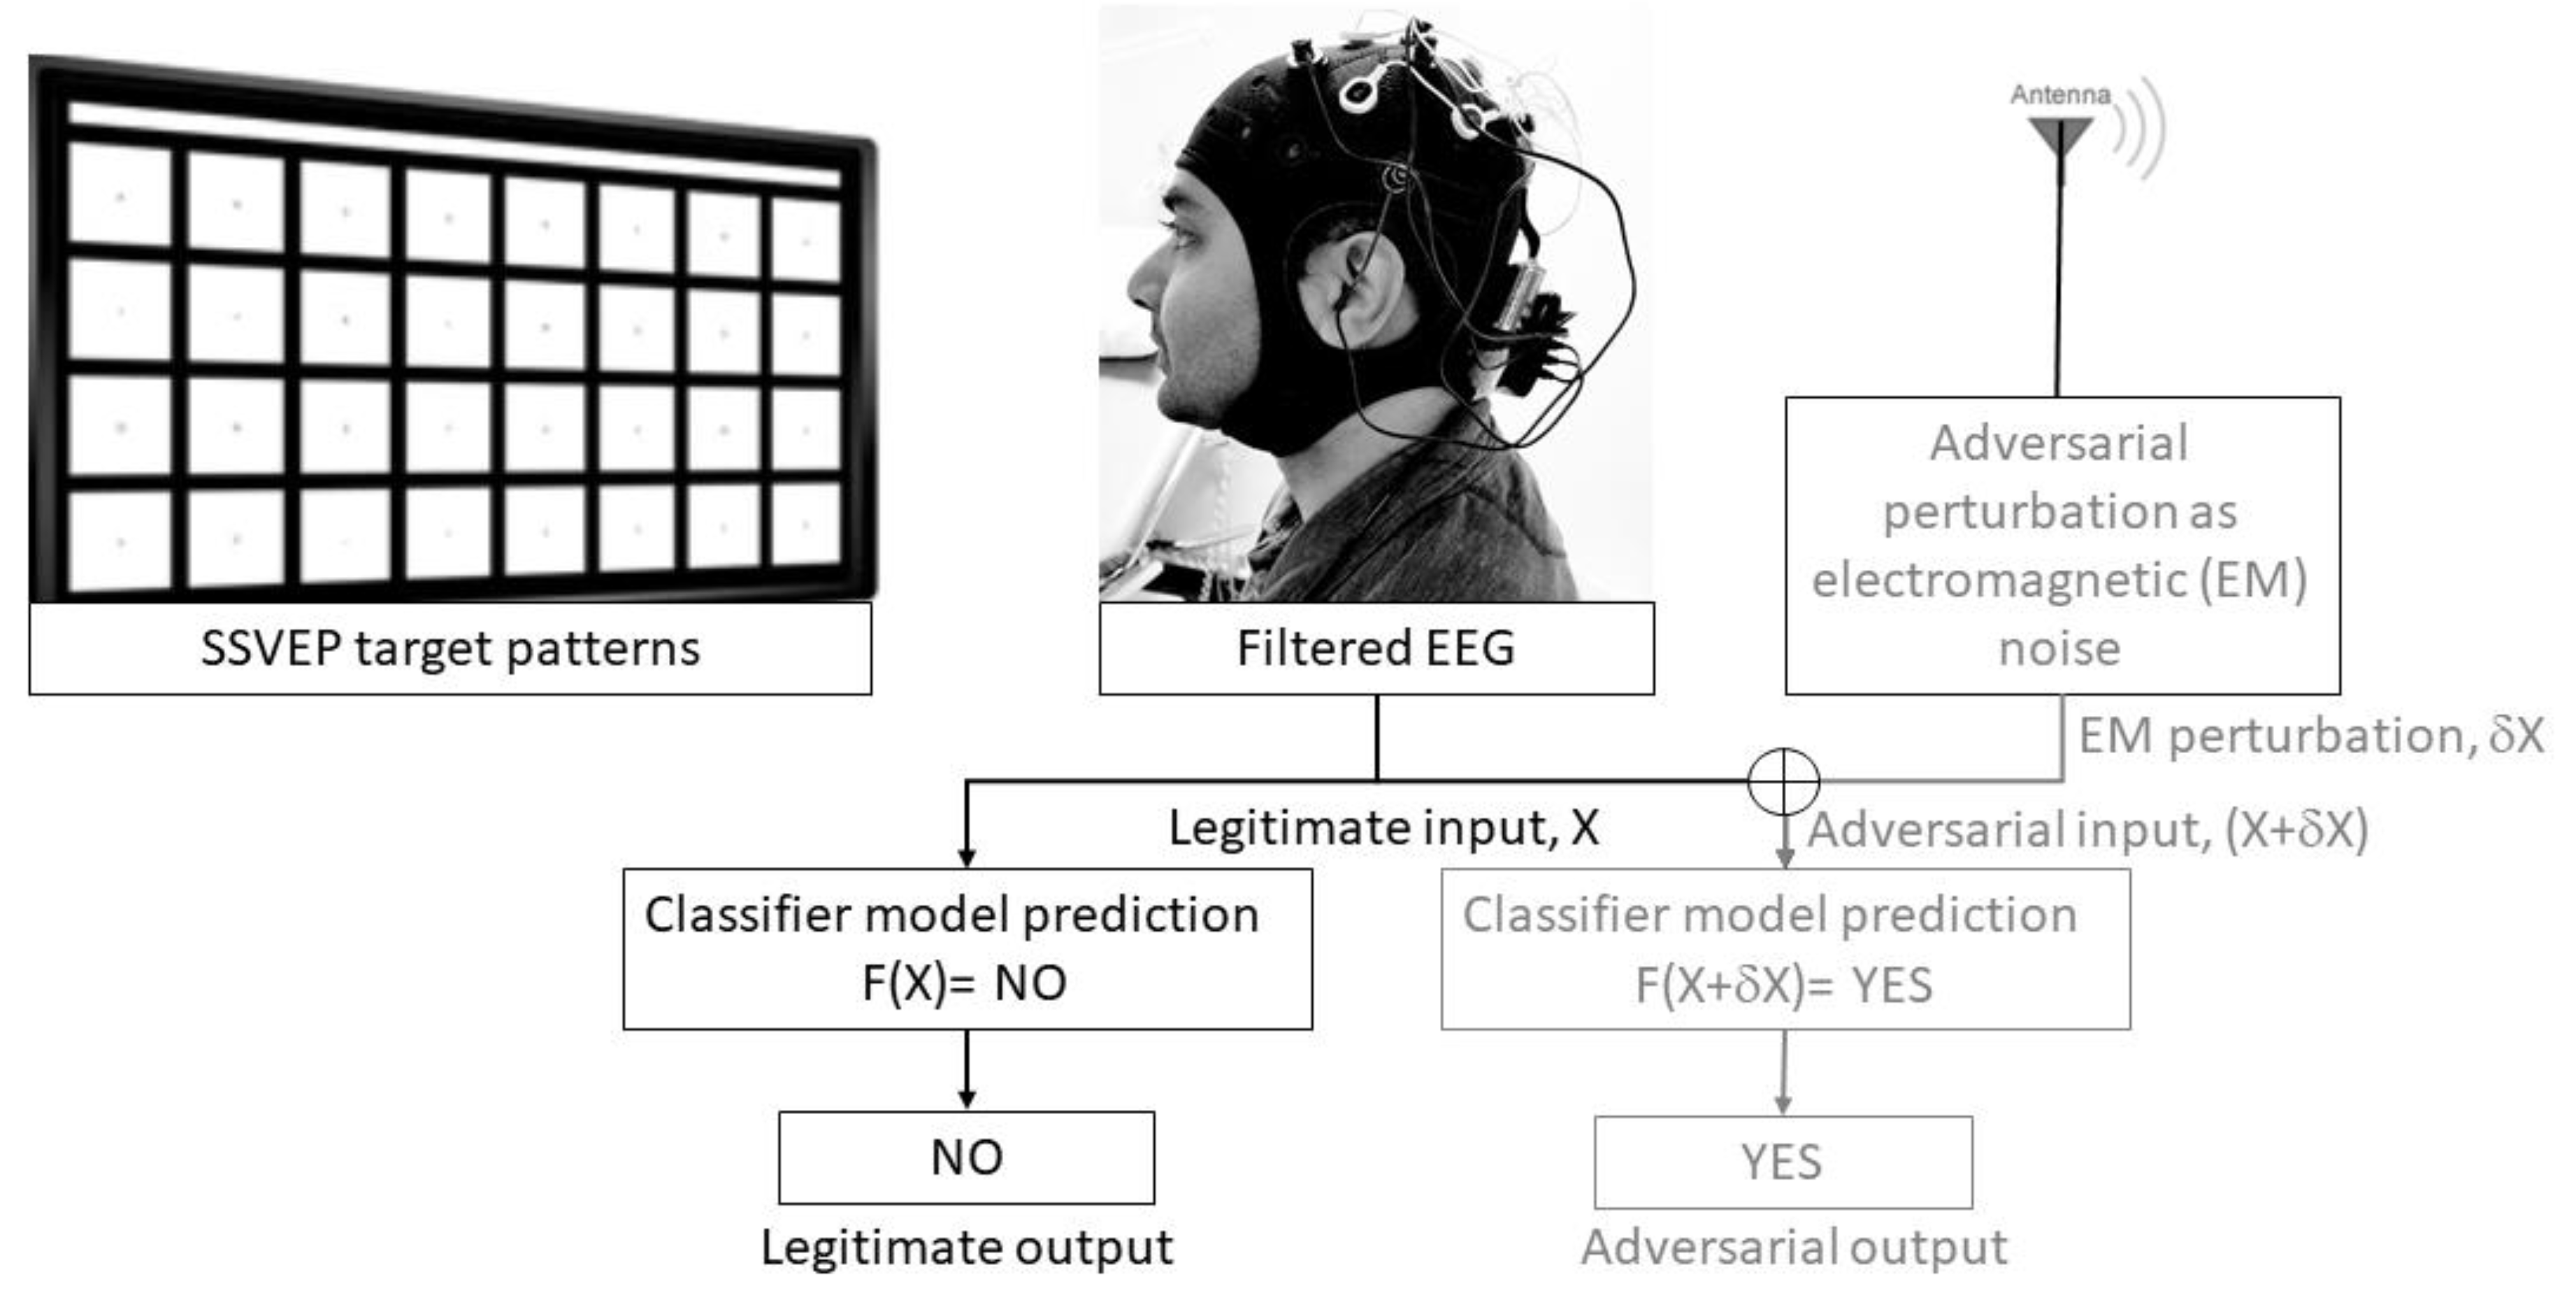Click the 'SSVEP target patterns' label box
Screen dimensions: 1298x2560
(x=450, y=648)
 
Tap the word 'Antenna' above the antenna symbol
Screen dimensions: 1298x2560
(x=2059, y=94)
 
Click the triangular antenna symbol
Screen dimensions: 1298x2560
(x=2060, y=135)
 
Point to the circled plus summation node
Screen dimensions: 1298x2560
(x=1784, y=782)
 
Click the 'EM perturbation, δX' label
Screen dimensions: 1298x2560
(x=2310, y=736)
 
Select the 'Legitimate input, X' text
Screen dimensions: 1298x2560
(x=1383, y=827)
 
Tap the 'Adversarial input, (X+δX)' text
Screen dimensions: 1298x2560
(x=2087, y=829)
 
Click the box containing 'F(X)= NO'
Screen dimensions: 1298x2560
(x=967, y=949)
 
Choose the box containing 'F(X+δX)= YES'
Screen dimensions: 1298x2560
(x=1785, y=949)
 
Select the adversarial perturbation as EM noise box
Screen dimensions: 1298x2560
(x=2062, y=545)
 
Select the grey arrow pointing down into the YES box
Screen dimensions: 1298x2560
(x=1784, y=1074)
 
